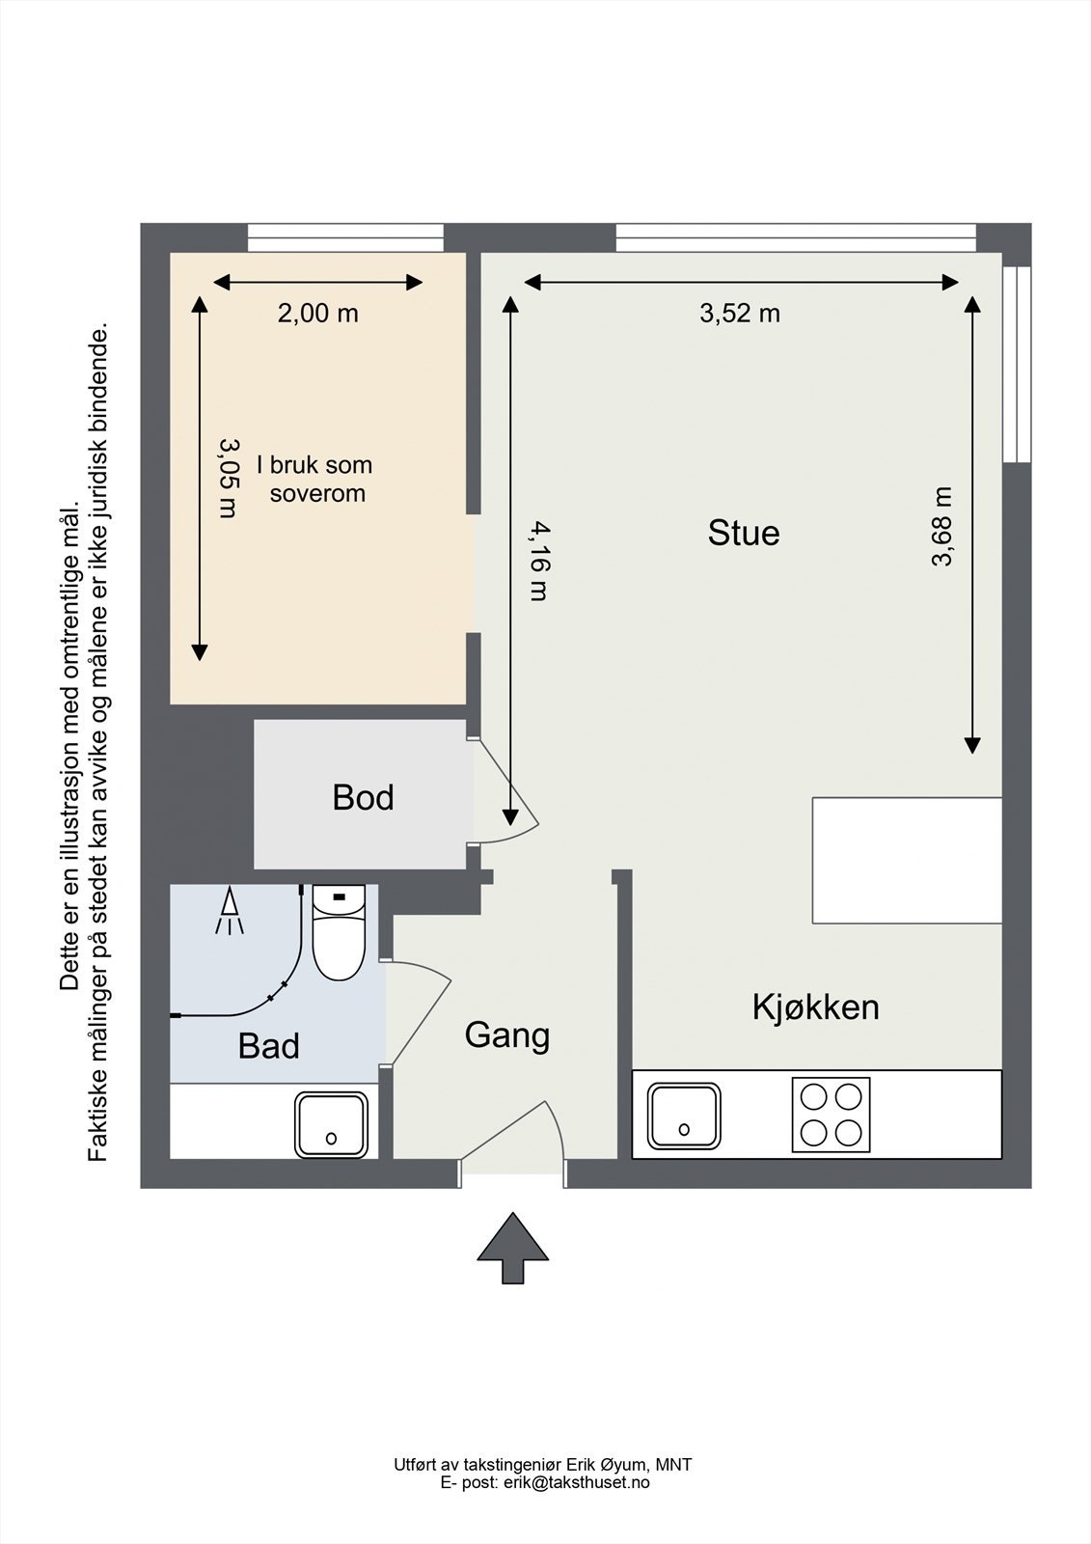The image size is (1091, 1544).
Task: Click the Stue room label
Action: coord(744,533)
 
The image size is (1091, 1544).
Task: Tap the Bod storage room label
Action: coord(364,797)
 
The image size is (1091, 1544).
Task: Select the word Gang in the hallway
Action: coord(507,1036)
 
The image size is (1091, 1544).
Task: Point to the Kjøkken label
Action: coord(815,1007)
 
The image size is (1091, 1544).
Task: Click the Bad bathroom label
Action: coord(269,1046)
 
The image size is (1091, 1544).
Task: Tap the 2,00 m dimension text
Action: coord(317,314)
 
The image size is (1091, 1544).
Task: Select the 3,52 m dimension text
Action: coord(740,314)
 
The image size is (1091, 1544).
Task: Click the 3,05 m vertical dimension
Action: coord(228,478)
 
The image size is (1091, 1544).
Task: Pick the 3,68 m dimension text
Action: coord(941,526)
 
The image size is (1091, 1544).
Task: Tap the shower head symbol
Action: coord(230,911)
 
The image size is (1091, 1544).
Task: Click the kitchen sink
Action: coord(684,1116)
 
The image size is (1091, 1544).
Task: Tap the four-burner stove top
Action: coord(831,1115)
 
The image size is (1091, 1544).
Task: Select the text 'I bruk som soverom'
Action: coord(315,479)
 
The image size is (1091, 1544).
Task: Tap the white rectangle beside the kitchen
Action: coord(907,860)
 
